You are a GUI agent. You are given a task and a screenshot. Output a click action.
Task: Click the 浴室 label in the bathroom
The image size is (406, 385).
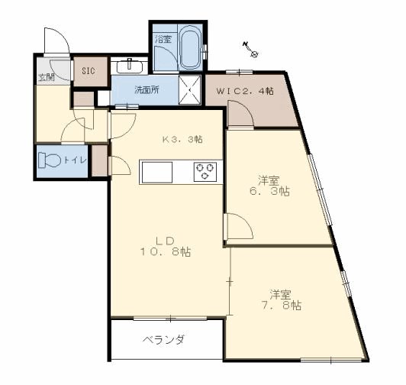point(163,38)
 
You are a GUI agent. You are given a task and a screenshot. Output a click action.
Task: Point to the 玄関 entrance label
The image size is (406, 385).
point(47,77)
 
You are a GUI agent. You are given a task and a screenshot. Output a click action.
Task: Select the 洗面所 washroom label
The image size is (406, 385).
point(147,89)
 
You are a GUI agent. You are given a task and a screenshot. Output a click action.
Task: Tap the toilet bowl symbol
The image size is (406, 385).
point(51,161)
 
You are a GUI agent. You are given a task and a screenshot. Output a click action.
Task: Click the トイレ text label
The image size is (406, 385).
point(75,160)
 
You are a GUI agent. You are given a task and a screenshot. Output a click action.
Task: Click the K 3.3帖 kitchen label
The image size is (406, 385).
point(182,139)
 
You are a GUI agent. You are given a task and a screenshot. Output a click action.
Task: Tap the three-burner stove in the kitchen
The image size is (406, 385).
point(205,172)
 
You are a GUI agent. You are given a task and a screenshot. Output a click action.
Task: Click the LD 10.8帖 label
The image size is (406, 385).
point(164,245)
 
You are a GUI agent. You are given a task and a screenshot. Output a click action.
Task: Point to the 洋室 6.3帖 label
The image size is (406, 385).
point(272,186)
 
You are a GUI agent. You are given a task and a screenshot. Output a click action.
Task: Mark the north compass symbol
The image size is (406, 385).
point(252,52)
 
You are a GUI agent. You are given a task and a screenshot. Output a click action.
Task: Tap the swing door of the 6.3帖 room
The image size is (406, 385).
point(235,226)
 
